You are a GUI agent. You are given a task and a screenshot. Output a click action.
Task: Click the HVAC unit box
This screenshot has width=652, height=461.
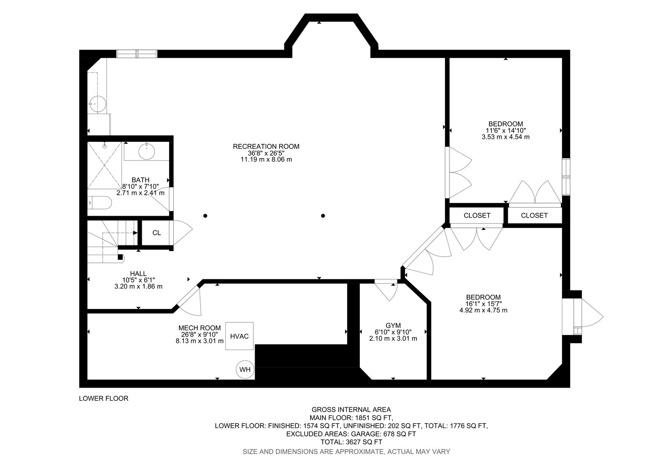point(239,336)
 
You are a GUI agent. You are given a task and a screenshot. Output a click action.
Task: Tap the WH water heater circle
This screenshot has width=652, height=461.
point(245,370)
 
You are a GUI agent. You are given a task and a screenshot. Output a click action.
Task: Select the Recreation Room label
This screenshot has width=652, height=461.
point(266,146)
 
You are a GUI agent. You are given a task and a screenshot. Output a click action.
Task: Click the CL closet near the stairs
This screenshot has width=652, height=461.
point(156,233)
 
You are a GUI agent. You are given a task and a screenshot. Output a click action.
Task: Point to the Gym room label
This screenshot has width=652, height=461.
point(393,325)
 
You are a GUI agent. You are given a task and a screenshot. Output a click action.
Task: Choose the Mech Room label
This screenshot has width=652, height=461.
point(200,328)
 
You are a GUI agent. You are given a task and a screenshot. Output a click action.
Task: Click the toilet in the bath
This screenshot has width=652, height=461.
point(99,202)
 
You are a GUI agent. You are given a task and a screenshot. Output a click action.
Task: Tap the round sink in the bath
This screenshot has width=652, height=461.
point(146,151)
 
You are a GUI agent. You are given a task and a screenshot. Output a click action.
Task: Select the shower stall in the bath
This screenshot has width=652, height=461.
point(104,165)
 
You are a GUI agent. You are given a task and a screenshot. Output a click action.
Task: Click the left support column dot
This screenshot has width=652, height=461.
point(205,216)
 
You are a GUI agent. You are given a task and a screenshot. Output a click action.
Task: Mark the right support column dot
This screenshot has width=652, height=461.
point(323,216)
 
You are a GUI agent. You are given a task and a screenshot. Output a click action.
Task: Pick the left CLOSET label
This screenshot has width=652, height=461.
point(477,216)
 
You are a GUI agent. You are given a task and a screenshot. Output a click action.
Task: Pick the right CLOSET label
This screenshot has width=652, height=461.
point(534,216)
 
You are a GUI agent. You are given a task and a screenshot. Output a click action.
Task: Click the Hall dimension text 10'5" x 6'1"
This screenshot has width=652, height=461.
point(138,280)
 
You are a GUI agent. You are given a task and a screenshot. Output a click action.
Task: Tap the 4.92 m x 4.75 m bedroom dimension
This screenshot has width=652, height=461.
point(483,310)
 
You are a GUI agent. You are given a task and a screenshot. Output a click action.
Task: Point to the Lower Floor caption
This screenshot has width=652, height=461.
point(104,398)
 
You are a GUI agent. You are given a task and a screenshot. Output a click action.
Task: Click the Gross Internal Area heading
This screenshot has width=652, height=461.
point(351,410)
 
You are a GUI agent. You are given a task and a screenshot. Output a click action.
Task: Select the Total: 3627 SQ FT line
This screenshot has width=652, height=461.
point(351,442)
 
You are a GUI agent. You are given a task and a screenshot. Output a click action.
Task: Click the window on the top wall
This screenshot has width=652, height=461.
point(137,54)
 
